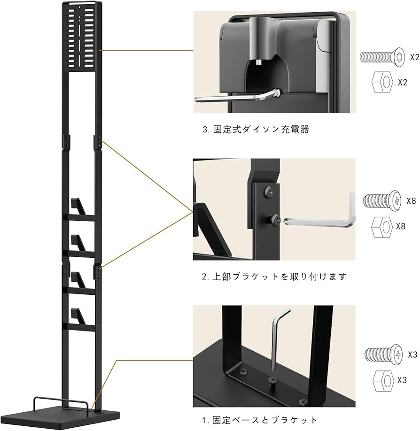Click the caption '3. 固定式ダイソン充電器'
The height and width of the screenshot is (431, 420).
coord(256,130)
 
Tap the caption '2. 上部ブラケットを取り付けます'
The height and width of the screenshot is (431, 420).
coord(274,277)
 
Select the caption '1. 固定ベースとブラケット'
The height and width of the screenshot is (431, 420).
coord(260,420)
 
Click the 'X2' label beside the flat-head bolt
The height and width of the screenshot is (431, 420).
coord(414,57)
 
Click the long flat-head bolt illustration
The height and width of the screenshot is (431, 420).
coord(383,58)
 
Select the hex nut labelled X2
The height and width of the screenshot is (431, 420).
coord(383,82)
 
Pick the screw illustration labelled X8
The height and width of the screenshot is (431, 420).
coord(383,200)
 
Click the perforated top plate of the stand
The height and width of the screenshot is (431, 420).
coord(82,38)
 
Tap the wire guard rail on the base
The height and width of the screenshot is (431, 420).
coord(61,403)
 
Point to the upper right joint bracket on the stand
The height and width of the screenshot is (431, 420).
coord(100,141)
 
